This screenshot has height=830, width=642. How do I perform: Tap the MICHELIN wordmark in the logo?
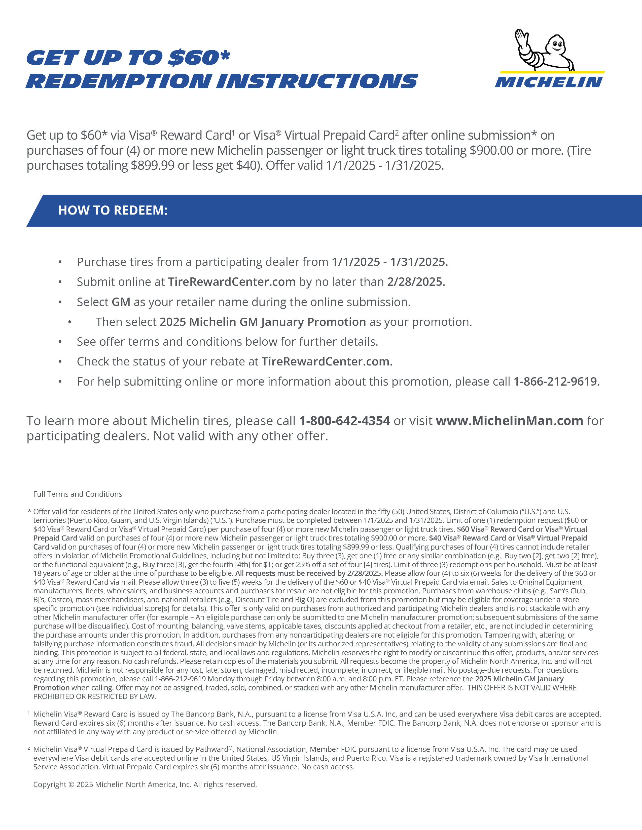point(549,82)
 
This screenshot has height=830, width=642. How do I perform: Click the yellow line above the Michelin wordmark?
point(552,71)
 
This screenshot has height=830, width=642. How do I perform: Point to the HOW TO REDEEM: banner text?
point(113,210)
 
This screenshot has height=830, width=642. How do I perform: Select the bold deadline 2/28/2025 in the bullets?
point(416,282)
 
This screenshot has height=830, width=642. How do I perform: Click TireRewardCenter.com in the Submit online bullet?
point(232,282)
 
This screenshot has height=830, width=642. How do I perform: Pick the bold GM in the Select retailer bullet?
point(121,302)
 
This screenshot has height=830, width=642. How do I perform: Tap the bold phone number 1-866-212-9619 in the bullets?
point(556,382)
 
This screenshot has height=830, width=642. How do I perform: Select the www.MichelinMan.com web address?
point(509,421)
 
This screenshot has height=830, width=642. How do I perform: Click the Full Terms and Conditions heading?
point(78,494)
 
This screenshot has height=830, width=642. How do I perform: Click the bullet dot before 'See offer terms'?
point(60,342)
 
